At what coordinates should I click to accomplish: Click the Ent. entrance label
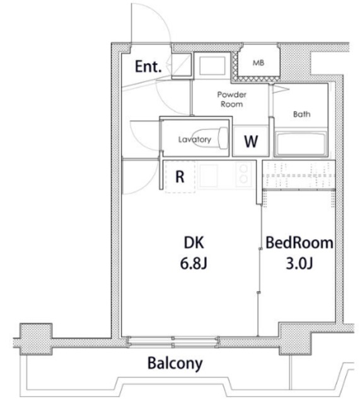[148, 66]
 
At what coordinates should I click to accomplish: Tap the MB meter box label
[258, 62]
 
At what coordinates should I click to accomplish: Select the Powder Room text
[231, 100]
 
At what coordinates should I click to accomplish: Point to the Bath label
[301, 114]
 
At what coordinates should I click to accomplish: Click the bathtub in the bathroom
[301, 144]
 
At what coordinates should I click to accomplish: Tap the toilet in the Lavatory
[210, 138]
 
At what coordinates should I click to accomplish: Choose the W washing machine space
[251, 141]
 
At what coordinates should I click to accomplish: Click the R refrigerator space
[180, 177]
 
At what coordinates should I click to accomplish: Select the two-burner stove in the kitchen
[244, 174]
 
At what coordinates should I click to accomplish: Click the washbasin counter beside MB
[212, 65]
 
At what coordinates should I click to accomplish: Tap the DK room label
[194, 242]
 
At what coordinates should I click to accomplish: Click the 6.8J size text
[194, 263]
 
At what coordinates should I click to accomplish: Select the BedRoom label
[299, 242]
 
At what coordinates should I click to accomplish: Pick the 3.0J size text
[299, 263]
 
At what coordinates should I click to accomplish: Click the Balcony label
[175, 364]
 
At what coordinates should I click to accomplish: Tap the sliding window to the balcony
[173, 342]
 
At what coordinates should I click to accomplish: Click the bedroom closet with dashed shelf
[299, 175]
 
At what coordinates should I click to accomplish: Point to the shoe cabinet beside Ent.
[182, 66]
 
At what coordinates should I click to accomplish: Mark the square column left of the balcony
[36, 339]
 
